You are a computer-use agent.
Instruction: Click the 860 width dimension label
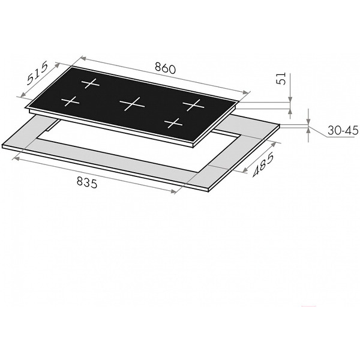click(166, 68)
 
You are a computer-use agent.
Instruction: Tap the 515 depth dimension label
click(37, 73)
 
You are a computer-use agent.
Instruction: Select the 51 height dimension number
click(281, 78)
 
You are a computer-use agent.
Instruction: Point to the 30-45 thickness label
click(343, 130)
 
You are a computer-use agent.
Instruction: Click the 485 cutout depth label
click(263, 165)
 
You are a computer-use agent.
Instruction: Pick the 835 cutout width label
click(87, 182)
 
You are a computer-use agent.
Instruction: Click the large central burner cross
click(132, 104)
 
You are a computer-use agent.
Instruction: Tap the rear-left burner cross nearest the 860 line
click(91, 83)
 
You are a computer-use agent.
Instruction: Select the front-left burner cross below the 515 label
click(70, 101)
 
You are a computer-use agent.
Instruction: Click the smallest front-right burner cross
click(173, 123)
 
